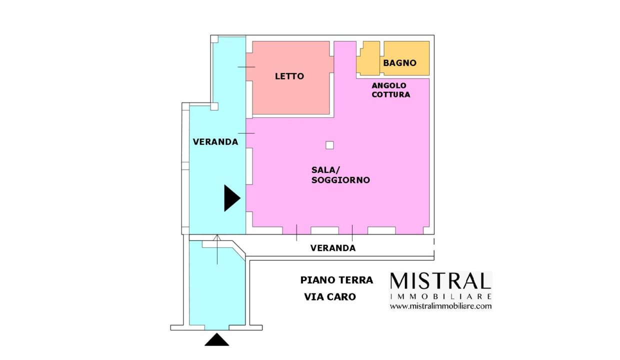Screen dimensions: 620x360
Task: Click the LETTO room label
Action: pyautogui.click(x=289, y=76)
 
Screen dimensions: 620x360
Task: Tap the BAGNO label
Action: pyautogui.click(x=399, y=63)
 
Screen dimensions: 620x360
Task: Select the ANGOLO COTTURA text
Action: pyautogui.click(x=391, y=90)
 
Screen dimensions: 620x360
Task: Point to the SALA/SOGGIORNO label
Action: pyautogui.click(x=340, y=175)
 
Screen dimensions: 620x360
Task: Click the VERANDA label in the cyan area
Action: pyautogui.click(x=215, y=142)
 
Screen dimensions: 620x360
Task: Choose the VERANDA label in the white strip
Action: pyautogui.click(x=333, y=248)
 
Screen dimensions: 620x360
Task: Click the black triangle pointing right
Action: pyautogui.click(x=232, y=198)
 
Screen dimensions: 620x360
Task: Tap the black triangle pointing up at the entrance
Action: pyautogui.click(x=216, y=339)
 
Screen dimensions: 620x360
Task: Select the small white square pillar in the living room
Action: pyautogui.click(x=329, y=145)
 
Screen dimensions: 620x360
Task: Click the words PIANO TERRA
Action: pyautogui.click(x=336, y=280)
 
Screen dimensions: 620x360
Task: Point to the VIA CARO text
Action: pyautogui.click(x=330, y=297)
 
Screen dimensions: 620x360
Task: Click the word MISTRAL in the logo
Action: pyautogui.click(x=440, y=281)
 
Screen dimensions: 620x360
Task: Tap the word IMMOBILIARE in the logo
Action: pyautogui.click(x=440, y=296)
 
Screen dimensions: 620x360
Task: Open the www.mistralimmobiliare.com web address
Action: pyautogui.click(x=440, y=306)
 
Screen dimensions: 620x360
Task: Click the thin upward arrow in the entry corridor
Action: pyautogui.click(x=217, y=249)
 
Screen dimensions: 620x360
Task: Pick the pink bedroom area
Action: pyautogui.click(x=290, y=77)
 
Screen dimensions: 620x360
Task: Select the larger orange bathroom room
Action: pyautogui.click(x=406, y=58)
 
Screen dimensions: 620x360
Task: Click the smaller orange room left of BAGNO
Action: pyautogui.click(x=368, y=58)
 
